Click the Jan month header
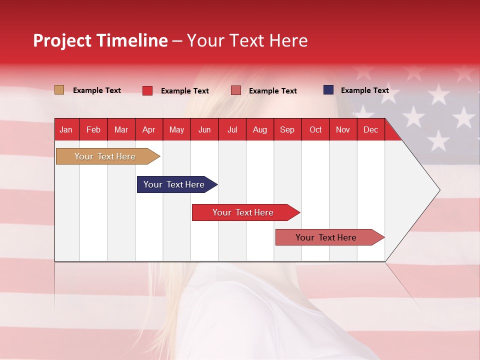pyautogui.click(x=66, y=129)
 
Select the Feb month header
pyautogui.click(x=93, y=129)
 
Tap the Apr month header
pyautogui.click(x=148, y=129)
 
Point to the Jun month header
pyautogui.click(x=204, y=129)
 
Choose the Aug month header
pyautogui.click(x=259, y=129)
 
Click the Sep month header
pyautogui.click(x=287, y=129)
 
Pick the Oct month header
pyautogui.click(x=315, y=129)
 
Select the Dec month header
pyautogui.click(x=370, y=129)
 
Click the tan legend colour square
pyautogui.click(x=59, y=90)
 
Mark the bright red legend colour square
pyautogui.click(x=147, y=90)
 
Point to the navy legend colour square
pyautogui.click(x=328, y=90)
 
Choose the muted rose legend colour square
pyautogui.click(x=236, y=90)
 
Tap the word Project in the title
pyautogui.click(x=61, y=40)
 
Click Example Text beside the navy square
pyautogui.click(x=364, y=90)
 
